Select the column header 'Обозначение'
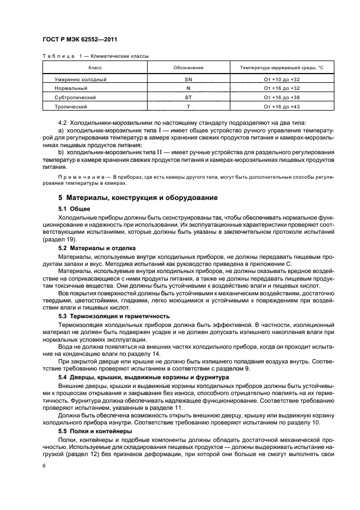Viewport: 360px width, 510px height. (188, 68)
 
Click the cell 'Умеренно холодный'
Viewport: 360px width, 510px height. (80, 79)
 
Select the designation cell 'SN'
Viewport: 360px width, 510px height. (188, 79)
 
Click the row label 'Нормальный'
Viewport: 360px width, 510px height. (71, 88)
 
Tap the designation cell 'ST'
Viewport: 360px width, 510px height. (188, 98)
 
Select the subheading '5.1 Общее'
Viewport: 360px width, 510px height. (74, 209)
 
